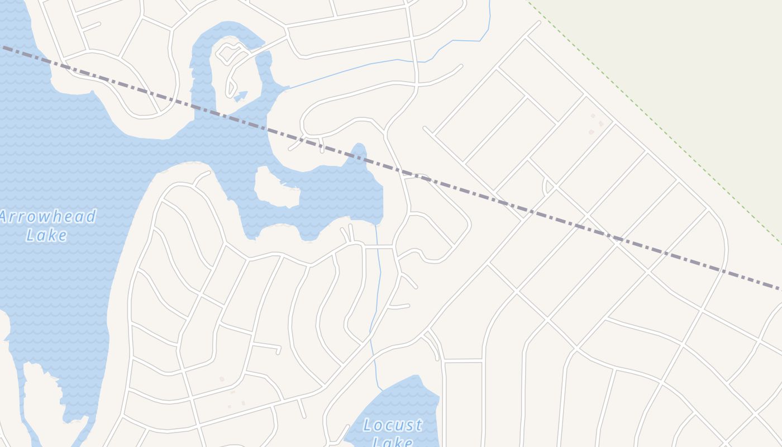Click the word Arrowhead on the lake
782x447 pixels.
(x=47, y=217)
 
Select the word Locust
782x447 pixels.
(x=393, y=425)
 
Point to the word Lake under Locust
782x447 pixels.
(x=393, y=441)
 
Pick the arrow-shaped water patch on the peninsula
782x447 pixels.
(x=241, y=97)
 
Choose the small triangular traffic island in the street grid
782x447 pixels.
(x=548, y=186)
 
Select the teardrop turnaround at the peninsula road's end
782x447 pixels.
(x=230, y=88)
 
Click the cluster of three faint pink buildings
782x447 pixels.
(x=595, y=125)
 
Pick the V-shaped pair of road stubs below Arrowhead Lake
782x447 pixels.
(x=347, y=233)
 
